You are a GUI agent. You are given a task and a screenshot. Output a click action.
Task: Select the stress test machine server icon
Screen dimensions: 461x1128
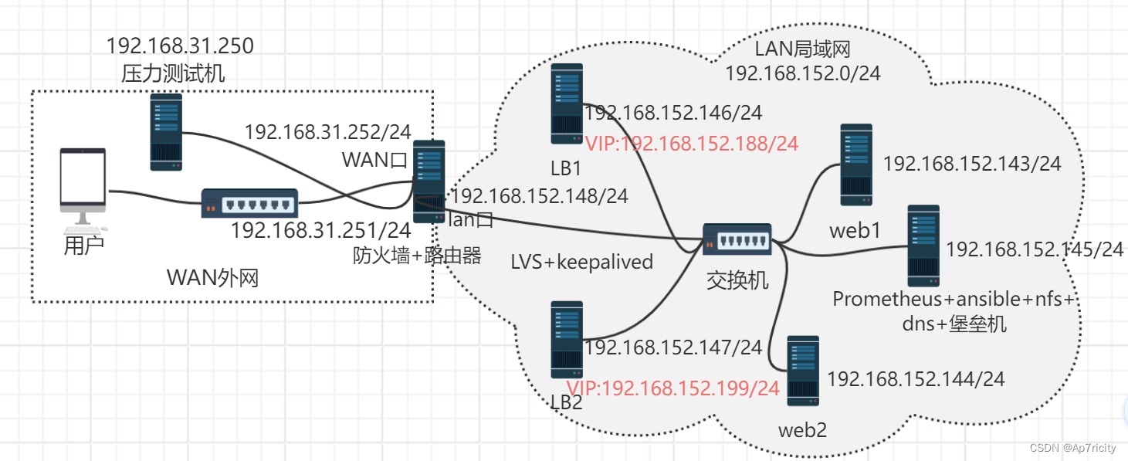point(166,131)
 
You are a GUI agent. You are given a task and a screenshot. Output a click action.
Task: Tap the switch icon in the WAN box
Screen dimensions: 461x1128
point(249,203)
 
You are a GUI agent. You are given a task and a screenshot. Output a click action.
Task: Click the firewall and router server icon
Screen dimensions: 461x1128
point(429,181)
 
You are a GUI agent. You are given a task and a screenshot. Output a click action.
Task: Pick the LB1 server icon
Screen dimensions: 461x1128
point(567,104)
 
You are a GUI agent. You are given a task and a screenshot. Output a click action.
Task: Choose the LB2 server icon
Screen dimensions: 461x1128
point(567,339)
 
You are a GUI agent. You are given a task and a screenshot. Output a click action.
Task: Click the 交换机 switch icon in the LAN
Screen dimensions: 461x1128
point(737,239)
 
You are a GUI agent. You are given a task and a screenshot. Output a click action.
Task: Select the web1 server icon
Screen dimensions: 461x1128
point(856,164)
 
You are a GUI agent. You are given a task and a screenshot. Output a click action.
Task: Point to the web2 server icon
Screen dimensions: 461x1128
point(803,371)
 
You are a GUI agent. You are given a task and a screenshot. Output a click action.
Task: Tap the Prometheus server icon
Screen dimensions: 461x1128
point(923,246)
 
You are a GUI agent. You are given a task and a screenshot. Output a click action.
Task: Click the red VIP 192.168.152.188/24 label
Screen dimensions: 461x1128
point(691,144)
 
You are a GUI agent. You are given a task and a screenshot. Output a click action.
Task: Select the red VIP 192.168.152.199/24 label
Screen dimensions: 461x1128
point(673,388)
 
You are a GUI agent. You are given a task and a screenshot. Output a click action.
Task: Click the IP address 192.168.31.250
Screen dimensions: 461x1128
point(180,46)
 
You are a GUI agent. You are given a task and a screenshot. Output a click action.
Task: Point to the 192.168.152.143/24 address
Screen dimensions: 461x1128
point(972,164)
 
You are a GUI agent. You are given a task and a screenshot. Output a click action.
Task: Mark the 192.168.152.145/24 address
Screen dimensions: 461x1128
point(1035,249)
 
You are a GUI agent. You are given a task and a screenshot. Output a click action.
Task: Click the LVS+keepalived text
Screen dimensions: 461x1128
point(582,262)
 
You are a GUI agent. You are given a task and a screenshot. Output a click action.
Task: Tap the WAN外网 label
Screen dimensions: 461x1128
point(213,278)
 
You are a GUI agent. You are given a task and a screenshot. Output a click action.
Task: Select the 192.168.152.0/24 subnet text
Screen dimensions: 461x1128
point(803,73)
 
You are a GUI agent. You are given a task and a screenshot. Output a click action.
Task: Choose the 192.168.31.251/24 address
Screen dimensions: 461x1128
point(320,229)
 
